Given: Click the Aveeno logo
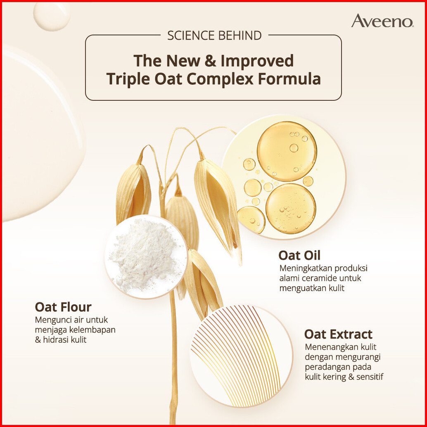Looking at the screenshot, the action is tap(383, 21).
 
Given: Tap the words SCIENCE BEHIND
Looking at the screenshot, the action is tap(214, 36).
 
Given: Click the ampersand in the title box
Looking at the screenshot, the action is tap(210, 61).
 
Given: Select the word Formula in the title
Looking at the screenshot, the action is tap(289, 79).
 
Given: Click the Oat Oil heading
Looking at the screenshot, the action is tap(299, 255).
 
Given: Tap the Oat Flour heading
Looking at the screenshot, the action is tap(63, 307).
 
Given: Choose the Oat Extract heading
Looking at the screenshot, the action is tap(338, 334).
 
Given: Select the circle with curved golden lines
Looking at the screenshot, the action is tap(241, 356).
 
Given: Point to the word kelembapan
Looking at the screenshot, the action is tap(93, 330).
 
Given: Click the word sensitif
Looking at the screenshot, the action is tap(370, 377).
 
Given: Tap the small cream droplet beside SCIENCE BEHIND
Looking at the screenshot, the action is tap(52, 16).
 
